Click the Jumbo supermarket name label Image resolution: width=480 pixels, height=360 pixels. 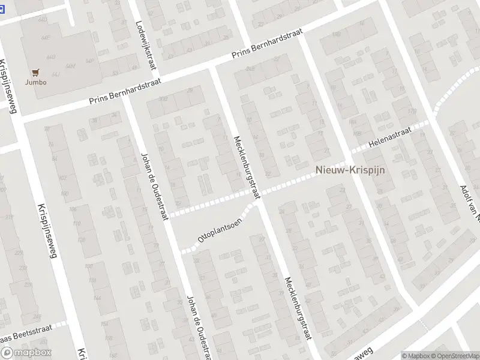tap(36, 82)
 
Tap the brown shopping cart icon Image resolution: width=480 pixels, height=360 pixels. tap(36, 73)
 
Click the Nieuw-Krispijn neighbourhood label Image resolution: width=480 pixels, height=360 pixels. tap(350, 170)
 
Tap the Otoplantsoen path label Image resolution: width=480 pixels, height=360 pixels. tap(220, 229)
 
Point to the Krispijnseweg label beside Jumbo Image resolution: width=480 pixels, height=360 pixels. tap(14, 84)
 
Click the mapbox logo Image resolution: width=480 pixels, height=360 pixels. tap(25, 353)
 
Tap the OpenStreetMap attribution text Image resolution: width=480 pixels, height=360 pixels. tap(455, 355)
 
